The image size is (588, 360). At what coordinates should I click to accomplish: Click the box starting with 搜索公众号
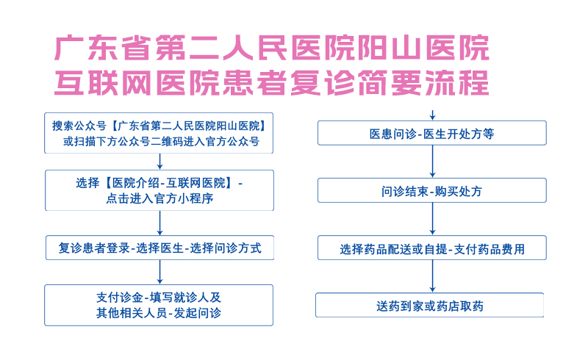(159, 133)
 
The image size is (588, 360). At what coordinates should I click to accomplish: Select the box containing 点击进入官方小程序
(159, 190)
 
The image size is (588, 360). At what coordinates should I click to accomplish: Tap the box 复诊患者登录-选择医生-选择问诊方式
(159, 248)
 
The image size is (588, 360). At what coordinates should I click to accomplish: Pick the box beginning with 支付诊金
(159, 305)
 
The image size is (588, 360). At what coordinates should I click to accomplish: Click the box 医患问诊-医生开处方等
(432, 133)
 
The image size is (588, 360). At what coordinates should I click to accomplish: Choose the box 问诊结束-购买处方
(432, 190)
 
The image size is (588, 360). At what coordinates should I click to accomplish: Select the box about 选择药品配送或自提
(432, 248)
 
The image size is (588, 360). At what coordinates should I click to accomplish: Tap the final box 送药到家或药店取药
(430, 305)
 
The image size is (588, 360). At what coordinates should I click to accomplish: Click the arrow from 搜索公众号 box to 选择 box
(159, 162)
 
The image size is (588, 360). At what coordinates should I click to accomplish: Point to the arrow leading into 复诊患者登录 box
(159, 223)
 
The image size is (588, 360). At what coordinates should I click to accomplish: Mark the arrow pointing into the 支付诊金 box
(159, 273)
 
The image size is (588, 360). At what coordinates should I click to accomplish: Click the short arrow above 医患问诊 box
(432, 115)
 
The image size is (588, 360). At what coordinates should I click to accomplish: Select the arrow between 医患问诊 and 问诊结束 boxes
(432, 162)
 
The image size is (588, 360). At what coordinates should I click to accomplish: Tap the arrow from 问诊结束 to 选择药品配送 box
(432, 219)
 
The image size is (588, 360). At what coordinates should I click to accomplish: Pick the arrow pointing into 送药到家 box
(432, 276)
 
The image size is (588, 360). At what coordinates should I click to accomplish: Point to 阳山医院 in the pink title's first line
(424, 48)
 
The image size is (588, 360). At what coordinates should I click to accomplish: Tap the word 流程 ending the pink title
(456, 82)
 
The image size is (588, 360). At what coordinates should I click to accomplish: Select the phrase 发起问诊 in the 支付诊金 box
(197, 313)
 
